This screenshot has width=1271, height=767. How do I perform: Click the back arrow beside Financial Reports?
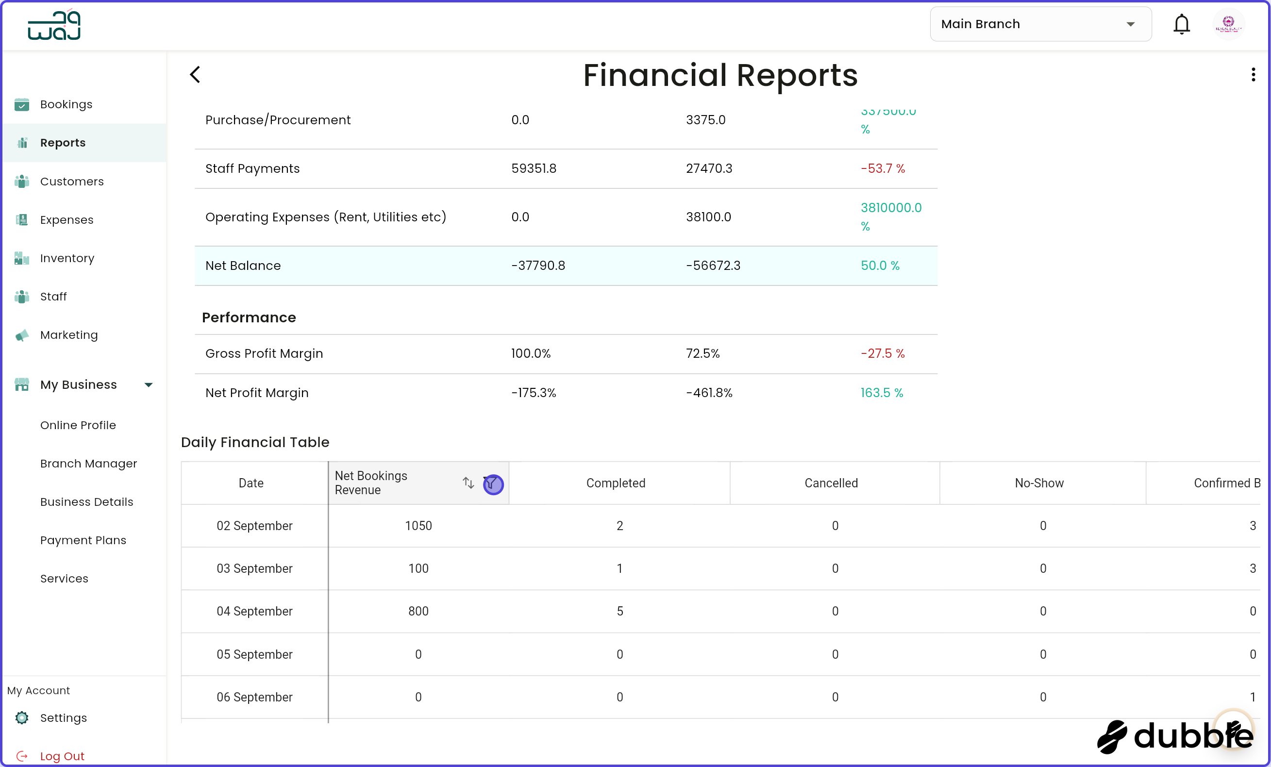(x=195, y=75)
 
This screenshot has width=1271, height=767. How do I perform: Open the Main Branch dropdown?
(x=1040, y=24)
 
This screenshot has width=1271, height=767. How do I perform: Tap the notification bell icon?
(x=1181, y=24)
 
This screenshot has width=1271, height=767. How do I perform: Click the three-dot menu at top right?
(x=1253, y=75)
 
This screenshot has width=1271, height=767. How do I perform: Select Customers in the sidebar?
(x=72, y=182)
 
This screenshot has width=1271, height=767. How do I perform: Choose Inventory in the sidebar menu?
(x=67, y=258)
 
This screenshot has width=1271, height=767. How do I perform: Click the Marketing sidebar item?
(x=68, y=335)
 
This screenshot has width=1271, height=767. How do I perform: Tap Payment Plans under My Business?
(x=83, y=540)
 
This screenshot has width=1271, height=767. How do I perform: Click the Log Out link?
(x=62, y=756)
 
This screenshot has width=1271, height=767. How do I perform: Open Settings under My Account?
(x=63, y=717)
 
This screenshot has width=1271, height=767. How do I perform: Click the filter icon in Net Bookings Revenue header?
(x=493, y=484)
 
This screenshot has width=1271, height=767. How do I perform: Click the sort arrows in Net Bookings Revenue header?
(x=468, y=483)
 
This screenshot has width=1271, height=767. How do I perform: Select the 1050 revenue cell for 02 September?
(x=418, y=526)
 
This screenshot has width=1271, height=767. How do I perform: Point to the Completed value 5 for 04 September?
(x=619, y=611)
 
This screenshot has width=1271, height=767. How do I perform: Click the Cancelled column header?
(x=831, y=483)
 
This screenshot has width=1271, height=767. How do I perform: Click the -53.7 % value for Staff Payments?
(x=883, y=168)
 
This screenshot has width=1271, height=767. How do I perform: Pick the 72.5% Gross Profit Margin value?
(x=702, y=353)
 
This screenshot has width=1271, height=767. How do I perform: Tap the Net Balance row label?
(x=243, y=266)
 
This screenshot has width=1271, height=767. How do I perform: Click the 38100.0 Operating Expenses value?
(x=708, y=217)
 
